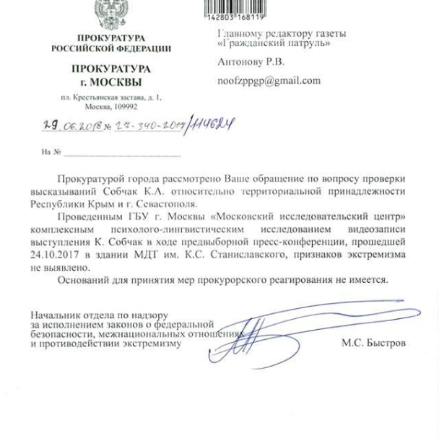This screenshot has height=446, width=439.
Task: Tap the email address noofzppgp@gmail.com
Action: [269, 81]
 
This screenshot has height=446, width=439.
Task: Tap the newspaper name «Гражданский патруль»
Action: [275, 45]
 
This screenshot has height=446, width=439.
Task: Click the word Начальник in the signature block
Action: [54, 315]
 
